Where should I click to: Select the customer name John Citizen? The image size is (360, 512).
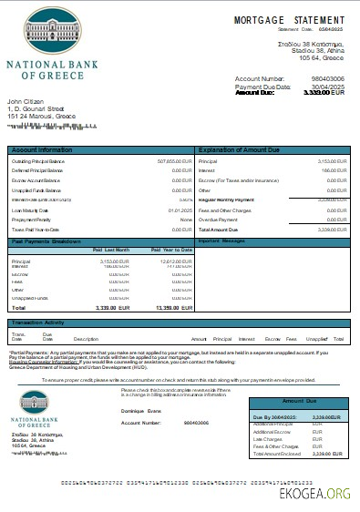(26, 101)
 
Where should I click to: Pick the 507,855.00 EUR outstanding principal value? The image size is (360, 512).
(173, 161)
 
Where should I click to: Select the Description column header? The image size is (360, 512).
(86, 338)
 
